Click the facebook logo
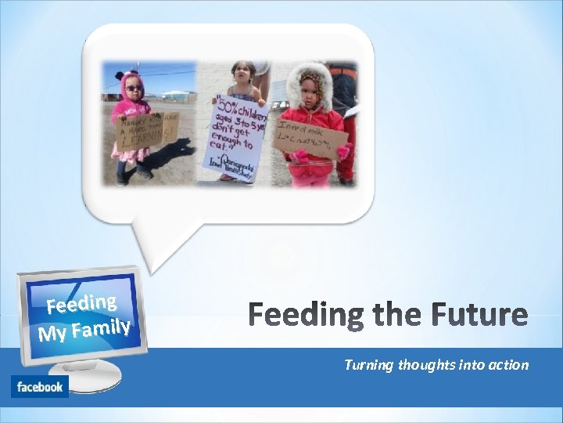(x=40, y=387)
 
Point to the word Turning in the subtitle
(x=369, y=365)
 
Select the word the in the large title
(x=398, y=315)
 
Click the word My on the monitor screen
(x=52, y=334)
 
